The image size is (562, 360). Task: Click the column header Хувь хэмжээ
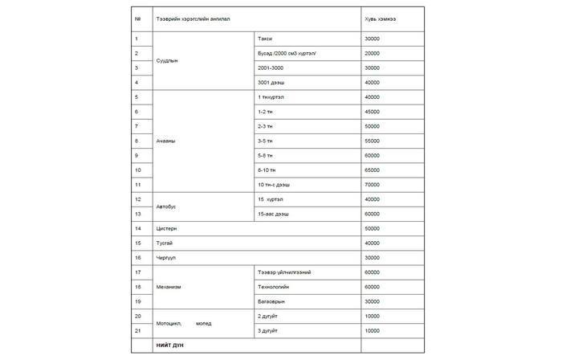381,18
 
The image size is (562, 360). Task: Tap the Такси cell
265,39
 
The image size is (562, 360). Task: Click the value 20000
372,53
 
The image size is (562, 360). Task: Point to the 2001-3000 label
271,67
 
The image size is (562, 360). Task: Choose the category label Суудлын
168,60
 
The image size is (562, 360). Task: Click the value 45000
372,112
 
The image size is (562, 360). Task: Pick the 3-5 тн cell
266,141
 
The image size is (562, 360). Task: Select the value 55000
372,141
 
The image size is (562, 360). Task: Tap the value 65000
372,170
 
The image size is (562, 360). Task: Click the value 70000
372,184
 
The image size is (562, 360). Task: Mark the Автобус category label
167,207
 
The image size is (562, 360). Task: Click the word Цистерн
167,228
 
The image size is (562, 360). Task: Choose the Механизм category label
169,287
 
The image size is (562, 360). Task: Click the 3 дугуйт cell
267,330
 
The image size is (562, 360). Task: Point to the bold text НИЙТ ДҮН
171,345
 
